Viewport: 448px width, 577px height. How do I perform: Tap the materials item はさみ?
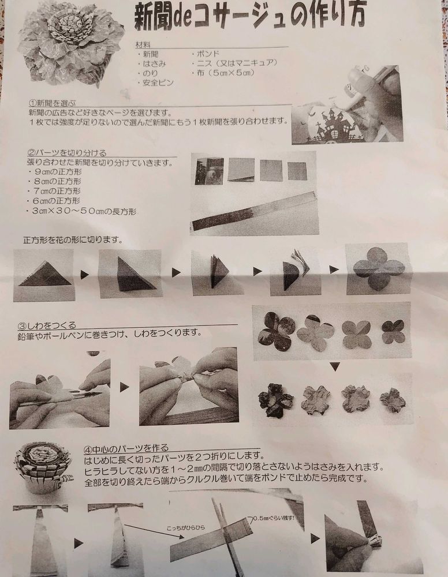[155, 63]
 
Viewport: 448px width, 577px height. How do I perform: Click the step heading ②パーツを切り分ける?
[67, 152]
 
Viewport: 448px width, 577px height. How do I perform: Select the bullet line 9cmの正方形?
[58, 172]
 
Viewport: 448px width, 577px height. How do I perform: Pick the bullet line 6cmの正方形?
[57, 201]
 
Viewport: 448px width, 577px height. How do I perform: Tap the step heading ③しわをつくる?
[47, 325]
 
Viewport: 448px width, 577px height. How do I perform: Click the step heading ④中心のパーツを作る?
[126, 448]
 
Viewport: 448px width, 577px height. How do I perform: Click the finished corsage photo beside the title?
[71, 45]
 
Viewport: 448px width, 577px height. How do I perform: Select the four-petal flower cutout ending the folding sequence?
[378, 269]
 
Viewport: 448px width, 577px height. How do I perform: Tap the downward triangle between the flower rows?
[335, 366]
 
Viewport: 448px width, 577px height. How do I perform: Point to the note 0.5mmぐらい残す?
[274, 518]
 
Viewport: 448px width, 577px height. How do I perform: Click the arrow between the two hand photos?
[125, 387]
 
